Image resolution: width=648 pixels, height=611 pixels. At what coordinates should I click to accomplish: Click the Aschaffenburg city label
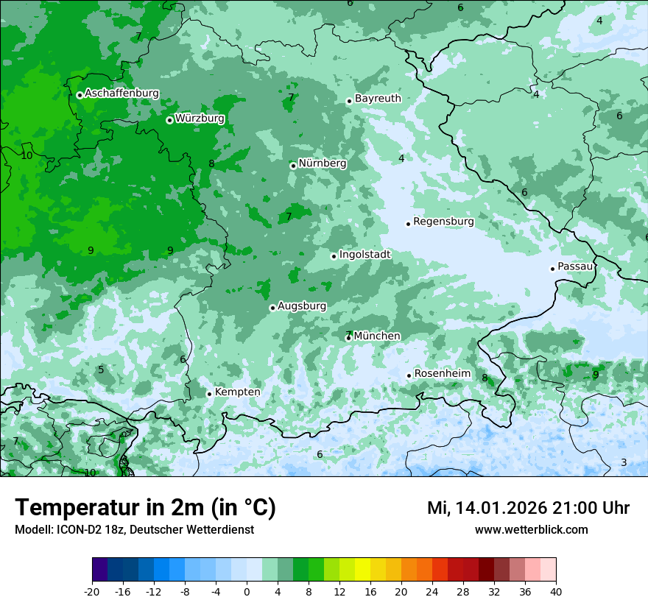(x=121, y=93)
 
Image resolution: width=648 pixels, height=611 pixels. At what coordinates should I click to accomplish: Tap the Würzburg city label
(x=200, y=119)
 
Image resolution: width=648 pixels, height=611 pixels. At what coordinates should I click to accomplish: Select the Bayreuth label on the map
(x=378, y=99)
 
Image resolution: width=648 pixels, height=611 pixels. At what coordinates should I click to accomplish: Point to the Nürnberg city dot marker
(x=293, y=166)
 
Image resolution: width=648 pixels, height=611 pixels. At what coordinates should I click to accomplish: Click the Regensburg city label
(x=443, y=222)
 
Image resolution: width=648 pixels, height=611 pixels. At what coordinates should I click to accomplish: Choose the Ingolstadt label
(x=364, y=255)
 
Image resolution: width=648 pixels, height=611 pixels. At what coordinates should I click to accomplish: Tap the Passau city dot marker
(x=552, y=269)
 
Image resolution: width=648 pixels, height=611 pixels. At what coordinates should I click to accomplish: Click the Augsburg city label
(x=301, y=306)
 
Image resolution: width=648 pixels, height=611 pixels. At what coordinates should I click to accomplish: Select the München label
(x=377, y=336)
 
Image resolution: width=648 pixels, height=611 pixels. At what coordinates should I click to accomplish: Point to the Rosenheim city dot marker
(x=409, y=376)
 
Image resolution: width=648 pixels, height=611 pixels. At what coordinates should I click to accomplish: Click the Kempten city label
(x=237, y=392)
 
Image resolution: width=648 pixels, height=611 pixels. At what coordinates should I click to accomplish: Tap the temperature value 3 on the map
(x=624, y=462)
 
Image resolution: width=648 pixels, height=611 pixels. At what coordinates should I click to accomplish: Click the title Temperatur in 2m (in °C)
(x=145, y=508)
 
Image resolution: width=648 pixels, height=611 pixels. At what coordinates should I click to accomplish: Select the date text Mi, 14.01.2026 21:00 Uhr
(x=528, y=508)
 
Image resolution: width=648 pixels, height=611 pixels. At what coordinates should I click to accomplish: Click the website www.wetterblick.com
(x=531, y=530)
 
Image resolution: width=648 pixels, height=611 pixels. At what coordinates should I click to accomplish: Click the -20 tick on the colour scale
(x=92, y=592)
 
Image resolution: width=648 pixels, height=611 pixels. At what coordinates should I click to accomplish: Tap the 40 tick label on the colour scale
(x=555, y=592)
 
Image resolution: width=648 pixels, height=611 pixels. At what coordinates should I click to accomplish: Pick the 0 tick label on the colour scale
(x=247, y=592)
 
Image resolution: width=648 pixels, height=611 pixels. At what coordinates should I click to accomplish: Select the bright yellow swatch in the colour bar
(x=362, y=570)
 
